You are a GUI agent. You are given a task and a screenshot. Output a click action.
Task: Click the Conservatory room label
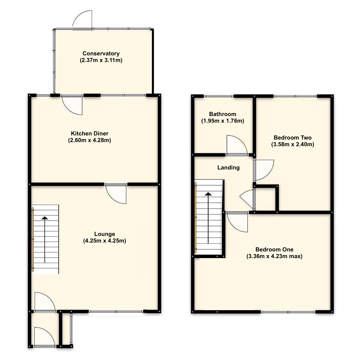(101, 53)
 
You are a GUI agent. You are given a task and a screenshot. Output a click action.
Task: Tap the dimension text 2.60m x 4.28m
(89, 140)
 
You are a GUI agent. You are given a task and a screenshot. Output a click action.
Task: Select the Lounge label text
(105, 234)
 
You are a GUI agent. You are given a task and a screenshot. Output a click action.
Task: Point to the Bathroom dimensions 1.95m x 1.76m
(223, 121)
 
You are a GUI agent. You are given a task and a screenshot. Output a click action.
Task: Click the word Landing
(228, 168)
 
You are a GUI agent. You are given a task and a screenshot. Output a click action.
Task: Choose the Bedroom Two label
(293, 138)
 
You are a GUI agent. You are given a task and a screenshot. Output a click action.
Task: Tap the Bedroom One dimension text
(274, 256)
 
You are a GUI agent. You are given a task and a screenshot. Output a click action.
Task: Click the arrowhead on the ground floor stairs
(45, 218)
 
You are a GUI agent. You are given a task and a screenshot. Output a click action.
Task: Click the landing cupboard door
(247, 198)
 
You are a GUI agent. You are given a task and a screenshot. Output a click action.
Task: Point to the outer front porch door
(44, 336)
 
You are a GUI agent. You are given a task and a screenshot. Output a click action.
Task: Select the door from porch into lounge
(44, 302)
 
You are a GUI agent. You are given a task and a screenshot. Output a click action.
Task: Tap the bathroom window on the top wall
(219, 96)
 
